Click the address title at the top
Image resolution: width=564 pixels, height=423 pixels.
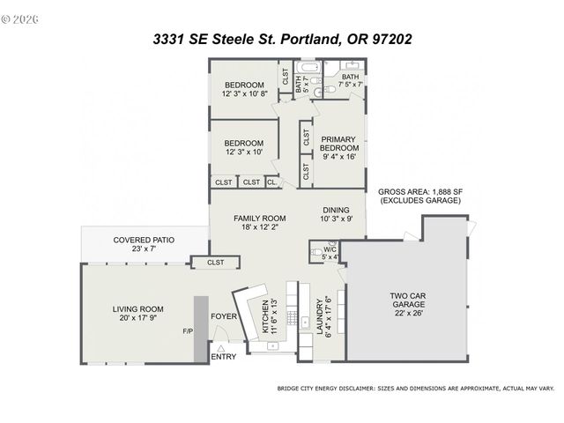click(282, 39)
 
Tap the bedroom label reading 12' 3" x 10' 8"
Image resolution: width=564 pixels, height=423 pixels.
click(244, 89)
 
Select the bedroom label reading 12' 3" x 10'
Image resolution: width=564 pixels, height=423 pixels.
click(243, 147)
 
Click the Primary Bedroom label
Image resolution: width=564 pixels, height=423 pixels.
click(338, 148)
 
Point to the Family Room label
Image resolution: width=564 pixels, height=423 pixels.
click(259, 222)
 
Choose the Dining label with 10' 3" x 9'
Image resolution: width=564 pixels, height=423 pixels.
click(336, 214)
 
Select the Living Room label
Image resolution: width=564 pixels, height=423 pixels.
click(139, 314)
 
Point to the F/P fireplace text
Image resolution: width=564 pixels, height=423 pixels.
click(187, 332)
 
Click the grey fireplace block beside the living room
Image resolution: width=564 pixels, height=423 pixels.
click(201, 327)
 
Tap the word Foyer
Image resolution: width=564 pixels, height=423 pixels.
click(223, 315)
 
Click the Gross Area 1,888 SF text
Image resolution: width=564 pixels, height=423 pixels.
click(420, 197)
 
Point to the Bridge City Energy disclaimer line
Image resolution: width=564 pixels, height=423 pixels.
click(415, 387)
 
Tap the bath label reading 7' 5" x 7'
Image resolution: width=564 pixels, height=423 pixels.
click(351, 80)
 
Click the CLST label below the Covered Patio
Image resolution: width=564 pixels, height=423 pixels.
click(215, 262)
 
